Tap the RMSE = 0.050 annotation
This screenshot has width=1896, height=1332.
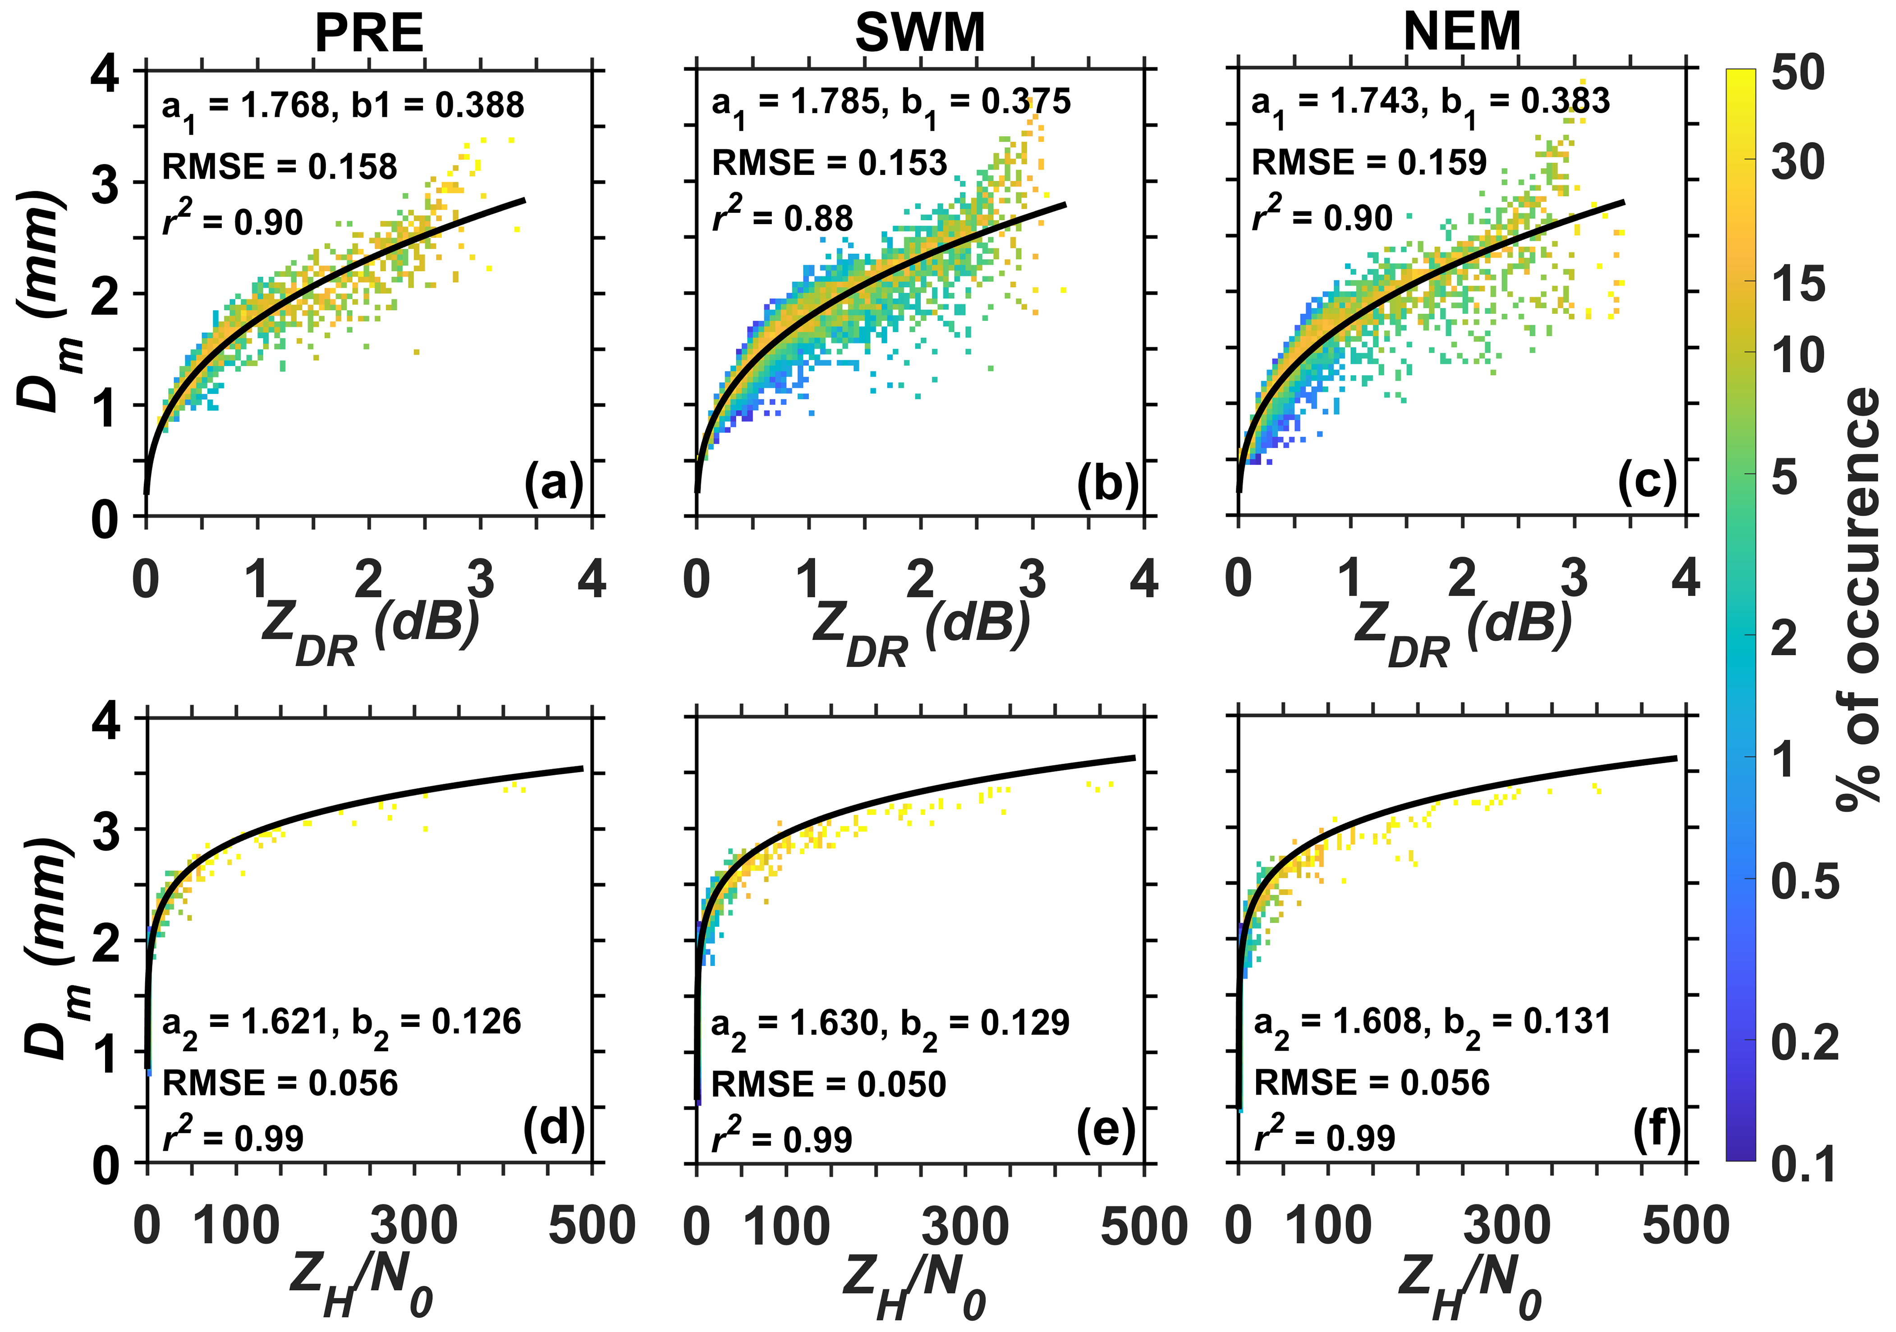(x=828, y=1084)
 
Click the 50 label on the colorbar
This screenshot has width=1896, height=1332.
(x=1799, y=73)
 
